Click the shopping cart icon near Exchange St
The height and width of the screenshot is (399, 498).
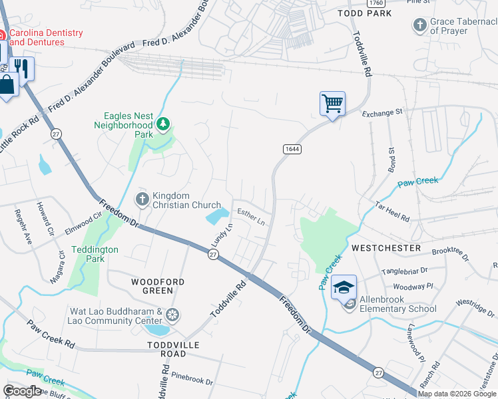332,104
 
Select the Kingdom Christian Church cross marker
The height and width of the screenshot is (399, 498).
142,199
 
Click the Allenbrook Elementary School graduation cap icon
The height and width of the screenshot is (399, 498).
344,287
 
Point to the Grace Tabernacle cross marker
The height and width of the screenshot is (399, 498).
419,25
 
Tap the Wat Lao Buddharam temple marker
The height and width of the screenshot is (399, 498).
172,314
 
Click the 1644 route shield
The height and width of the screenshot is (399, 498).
292,149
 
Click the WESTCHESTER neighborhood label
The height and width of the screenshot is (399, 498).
386,247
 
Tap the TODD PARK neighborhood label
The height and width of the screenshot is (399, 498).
364,13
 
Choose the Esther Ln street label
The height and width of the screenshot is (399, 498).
252,217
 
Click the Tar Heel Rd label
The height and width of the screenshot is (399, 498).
392,211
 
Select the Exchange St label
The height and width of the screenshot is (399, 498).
383,113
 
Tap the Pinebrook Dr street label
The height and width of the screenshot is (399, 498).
191,382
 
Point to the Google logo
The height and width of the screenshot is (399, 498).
22,391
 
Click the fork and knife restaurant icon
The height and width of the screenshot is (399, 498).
23,68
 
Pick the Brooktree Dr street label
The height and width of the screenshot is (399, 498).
450,254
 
